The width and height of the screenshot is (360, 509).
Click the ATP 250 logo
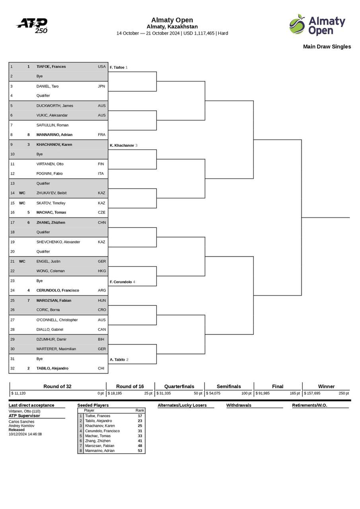[x=32, y=25]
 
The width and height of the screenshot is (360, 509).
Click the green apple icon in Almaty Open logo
[x=297, y=25]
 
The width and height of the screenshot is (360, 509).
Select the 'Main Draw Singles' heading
[x=327, y=47]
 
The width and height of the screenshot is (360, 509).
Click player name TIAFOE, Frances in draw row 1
[x=51, y=67]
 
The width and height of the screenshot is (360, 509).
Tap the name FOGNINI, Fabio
[x=50, y=174]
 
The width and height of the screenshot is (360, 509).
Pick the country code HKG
[x=102, y=271]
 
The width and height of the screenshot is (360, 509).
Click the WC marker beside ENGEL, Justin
[x=22, y=262]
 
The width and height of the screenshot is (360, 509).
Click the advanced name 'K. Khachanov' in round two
[x=122, y=146]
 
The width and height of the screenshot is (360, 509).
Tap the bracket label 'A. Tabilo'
[x=117, y=360]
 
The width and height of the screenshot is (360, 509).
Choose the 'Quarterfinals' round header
[x=179, y=387]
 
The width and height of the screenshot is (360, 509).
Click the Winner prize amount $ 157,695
[x=312, y=393]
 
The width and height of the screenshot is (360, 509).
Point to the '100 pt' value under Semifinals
[x=246, y=393]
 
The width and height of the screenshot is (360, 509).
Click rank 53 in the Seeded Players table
[x=140, y=451]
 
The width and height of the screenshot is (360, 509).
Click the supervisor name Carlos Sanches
[x=21, y=422]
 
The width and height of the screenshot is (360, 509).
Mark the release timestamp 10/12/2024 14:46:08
[x=25, y=434]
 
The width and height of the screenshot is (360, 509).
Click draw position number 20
[x=12, y=252]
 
